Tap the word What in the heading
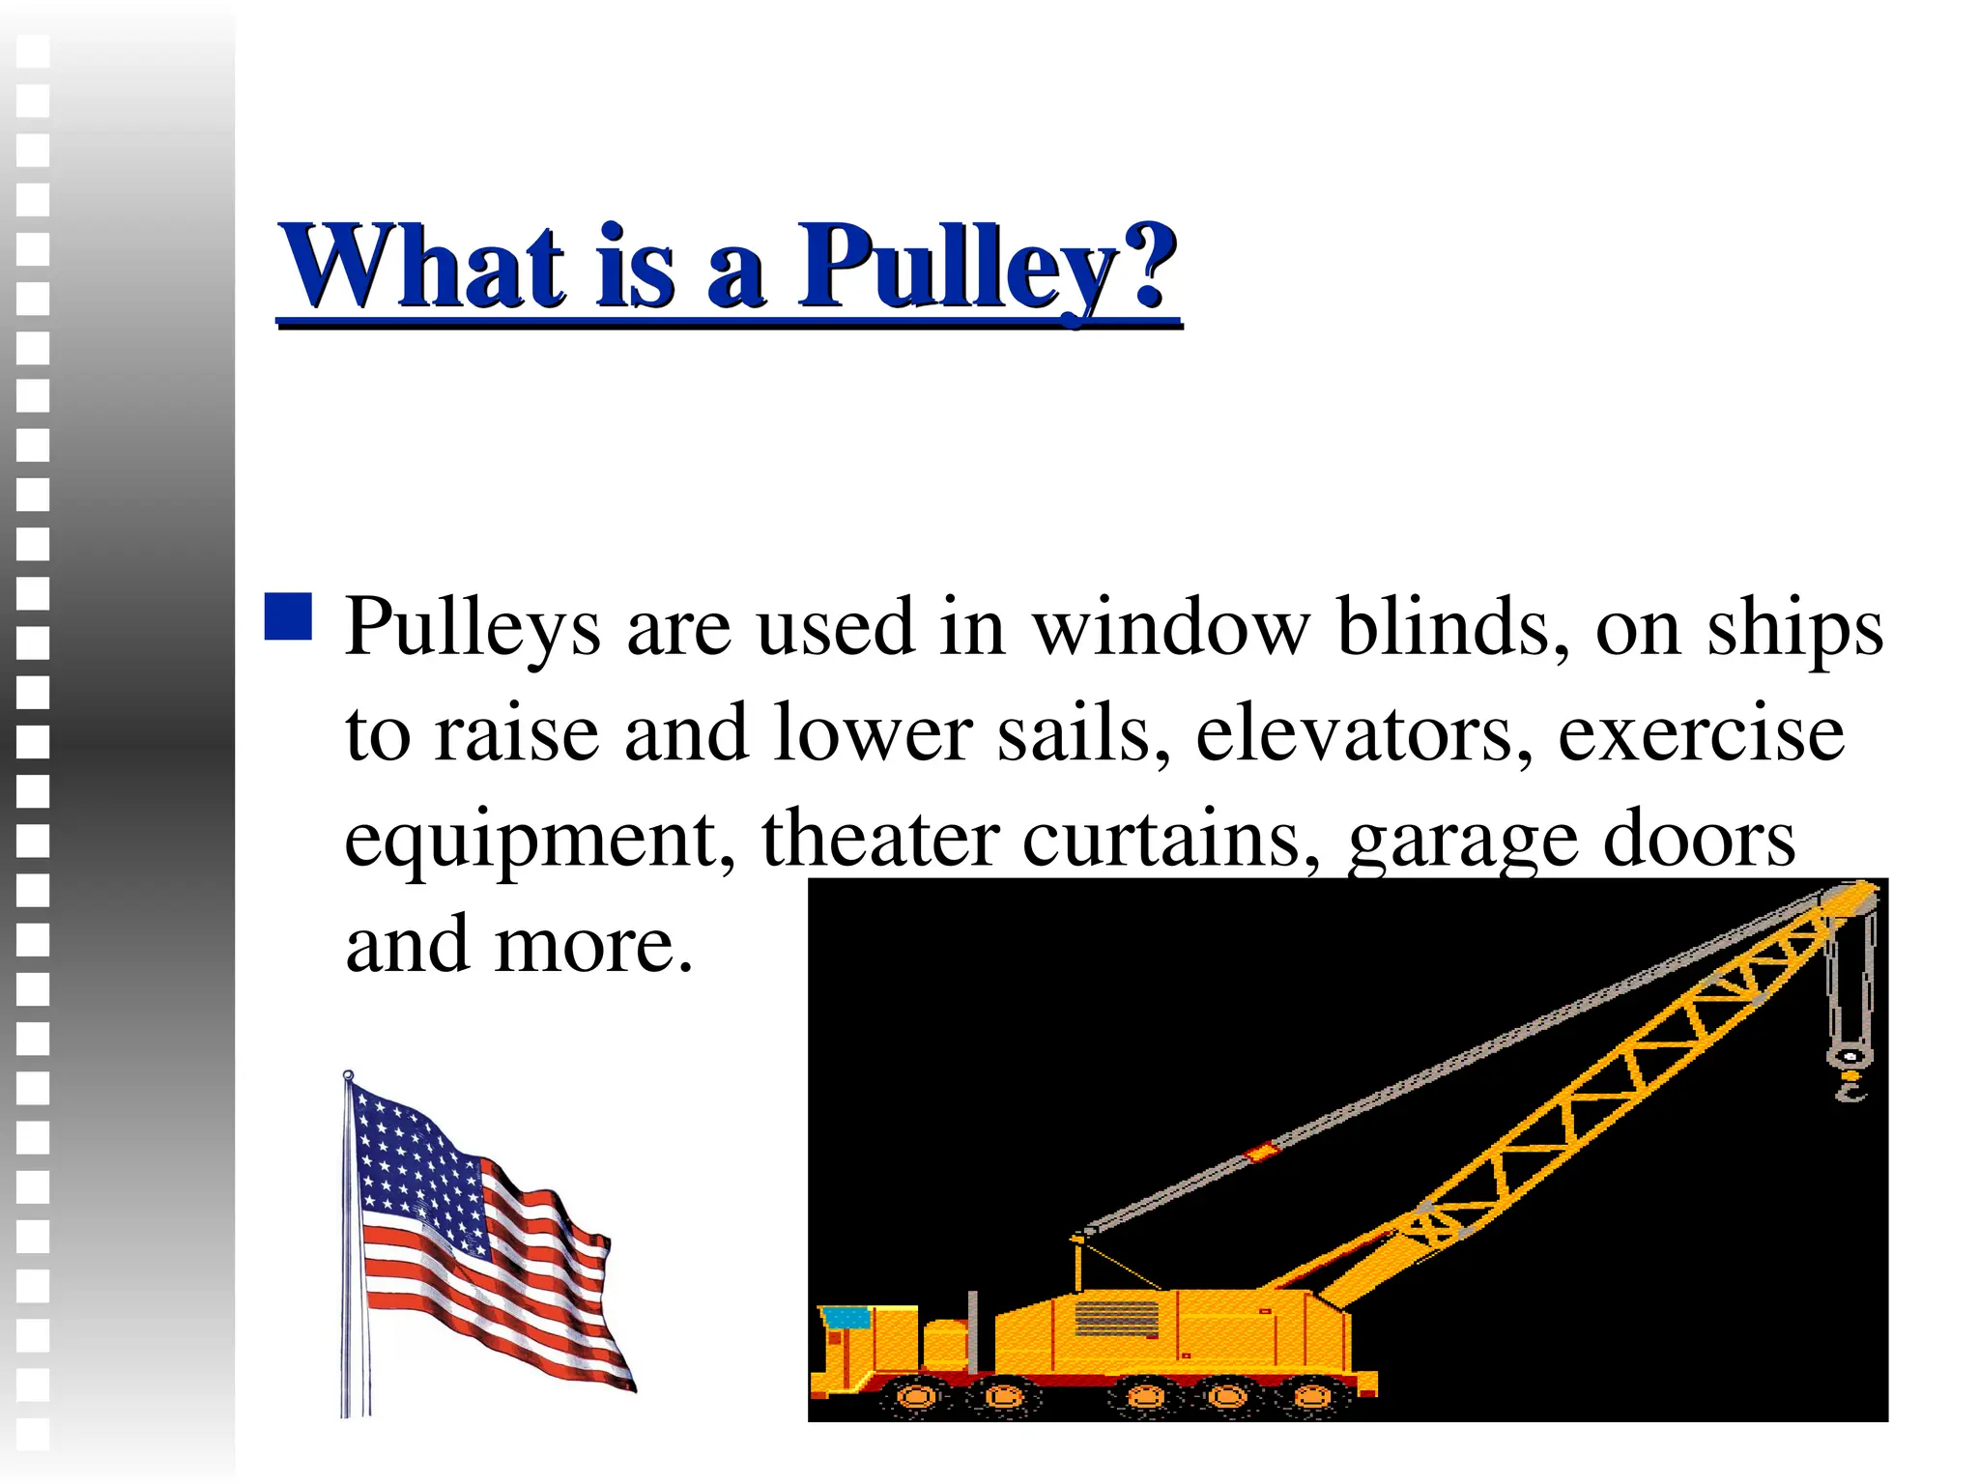(x=421, y=266)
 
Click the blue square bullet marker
(x=288, y=616)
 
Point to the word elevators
(x=1363, y=733)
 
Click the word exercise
(x=1701, y=733)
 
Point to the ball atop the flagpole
(x=348, y=1075)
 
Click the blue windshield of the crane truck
(x=845, y=1316)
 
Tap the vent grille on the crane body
(x=1116, y=1317)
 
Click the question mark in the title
(x=1146, y=266)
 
